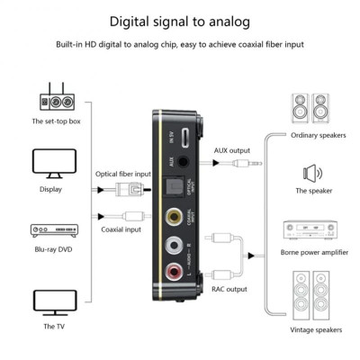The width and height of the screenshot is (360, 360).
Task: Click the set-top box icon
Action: tap(52, 98)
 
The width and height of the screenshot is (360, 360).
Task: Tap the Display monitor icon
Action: tap(52, 162)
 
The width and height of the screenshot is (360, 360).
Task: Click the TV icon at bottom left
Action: tap(52, 299)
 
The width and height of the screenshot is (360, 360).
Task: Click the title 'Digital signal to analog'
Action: tap(180, 20)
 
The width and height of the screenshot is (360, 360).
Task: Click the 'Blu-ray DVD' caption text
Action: tap(52, 258)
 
